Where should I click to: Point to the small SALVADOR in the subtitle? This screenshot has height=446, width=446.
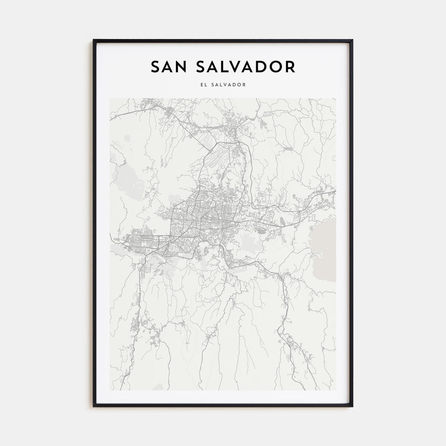(x=228, y=84)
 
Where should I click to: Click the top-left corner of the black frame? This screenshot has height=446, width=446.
(x=94, y=40)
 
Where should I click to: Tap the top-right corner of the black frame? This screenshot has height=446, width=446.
(x=352, y=40)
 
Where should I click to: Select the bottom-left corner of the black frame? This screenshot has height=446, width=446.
(x=94, y=406)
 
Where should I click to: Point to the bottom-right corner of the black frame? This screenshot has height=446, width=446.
(x=352, y=406)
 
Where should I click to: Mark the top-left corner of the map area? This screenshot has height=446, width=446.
(x=110, y=98)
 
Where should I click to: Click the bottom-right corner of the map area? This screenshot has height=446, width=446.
(x=336, y=390)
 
